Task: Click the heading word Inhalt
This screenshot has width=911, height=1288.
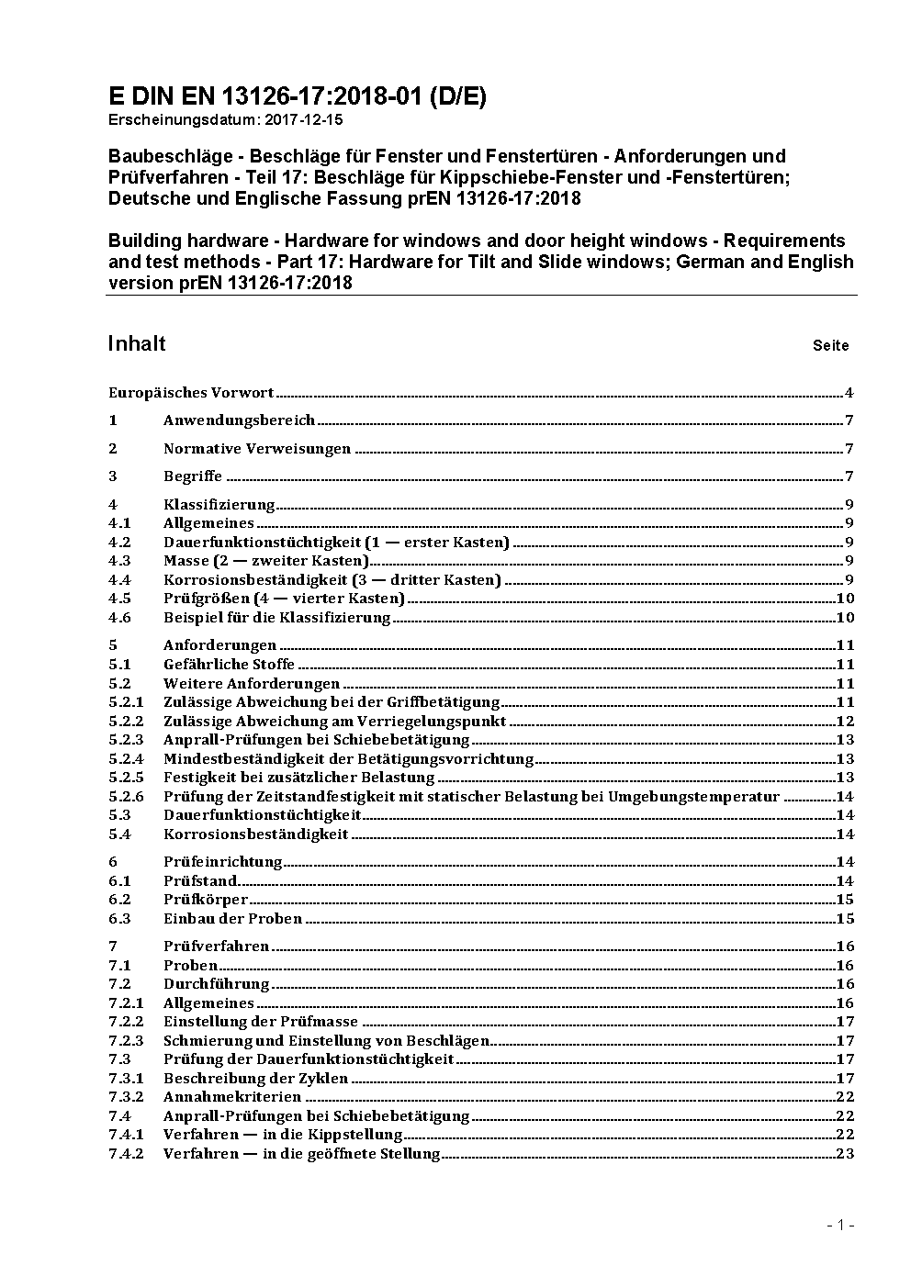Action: pyautogui.click(x=137, y=343)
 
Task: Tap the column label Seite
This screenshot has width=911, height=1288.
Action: pyautogui.click(x=830, y=346)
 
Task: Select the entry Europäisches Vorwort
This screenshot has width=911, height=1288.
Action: pyautogui.click(x=191, y=393)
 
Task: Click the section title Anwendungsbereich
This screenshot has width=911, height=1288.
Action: pyautogui.click(x=239, y=420)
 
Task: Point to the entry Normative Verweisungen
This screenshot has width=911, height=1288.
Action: pyautogui.click(x=257, y=449)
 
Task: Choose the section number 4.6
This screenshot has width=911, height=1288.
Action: pyautogui.click(x=119, y=618)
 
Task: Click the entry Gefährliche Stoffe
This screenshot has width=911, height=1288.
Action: pyautogui.click(x=229, y=665)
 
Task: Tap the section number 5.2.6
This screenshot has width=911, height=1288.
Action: pyautogui.click(x=126, y=797)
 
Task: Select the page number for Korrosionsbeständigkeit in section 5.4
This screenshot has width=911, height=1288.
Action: pyautogui.click(x=845, y=834)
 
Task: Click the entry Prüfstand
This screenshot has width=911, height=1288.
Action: pyautogui.click(x=200, y=881)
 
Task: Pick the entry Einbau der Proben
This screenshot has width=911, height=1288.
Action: pyautogui.click(x=232, y=919)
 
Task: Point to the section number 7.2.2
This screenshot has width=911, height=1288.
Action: pyautogui.click(x=126, y=1022)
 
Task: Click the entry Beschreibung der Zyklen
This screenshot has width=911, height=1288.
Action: pyautogui.click(x=255, y=1079)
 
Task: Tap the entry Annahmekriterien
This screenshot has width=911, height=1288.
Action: pyautogui.click(x=232, y=1097)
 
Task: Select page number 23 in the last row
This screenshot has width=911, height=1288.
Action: pyautogui.click(x=845, y=1154)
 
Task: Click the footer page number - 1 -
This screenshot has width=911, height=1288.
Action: pyautogui.click(x=840, y=1225)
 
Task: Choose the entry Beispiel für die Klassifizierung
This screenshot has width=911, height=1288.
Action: pyautogui.click(x=276, y=618)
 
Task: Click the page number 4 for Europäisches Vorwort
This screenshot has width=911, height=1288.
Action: pyautogui.click(x=849, y=393)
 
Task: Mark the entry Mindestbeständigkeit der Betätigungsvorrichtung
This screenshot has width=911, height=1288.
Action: pyautogui.click(x=348, y=759)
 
